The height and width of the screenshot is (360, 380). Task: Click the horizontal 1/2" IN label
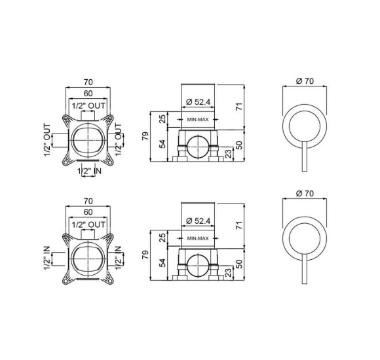[89, 171]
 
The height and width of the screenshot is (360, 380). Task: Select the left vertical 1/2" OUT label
[47, 140]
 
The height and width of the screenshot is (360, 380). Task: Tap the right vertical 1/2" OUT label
[118, 139]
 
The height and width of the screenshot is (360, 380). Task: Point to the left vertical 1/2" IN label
[47, 258]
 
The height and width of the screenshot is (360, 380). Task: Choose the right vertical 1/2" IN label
[118, 258]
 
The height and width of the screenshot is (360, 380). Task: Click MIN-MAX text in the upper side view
[198, 119]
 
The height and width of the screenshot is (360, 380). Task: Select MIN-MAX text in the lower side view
[198, 238]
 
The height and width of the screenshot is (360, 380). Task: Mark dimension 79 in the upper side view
[145, 136]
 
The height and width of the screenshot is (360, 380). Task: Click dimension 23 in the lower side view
[228, 272]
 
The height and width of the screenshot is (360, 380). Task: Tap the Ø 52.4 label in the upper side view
[199, 102]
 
